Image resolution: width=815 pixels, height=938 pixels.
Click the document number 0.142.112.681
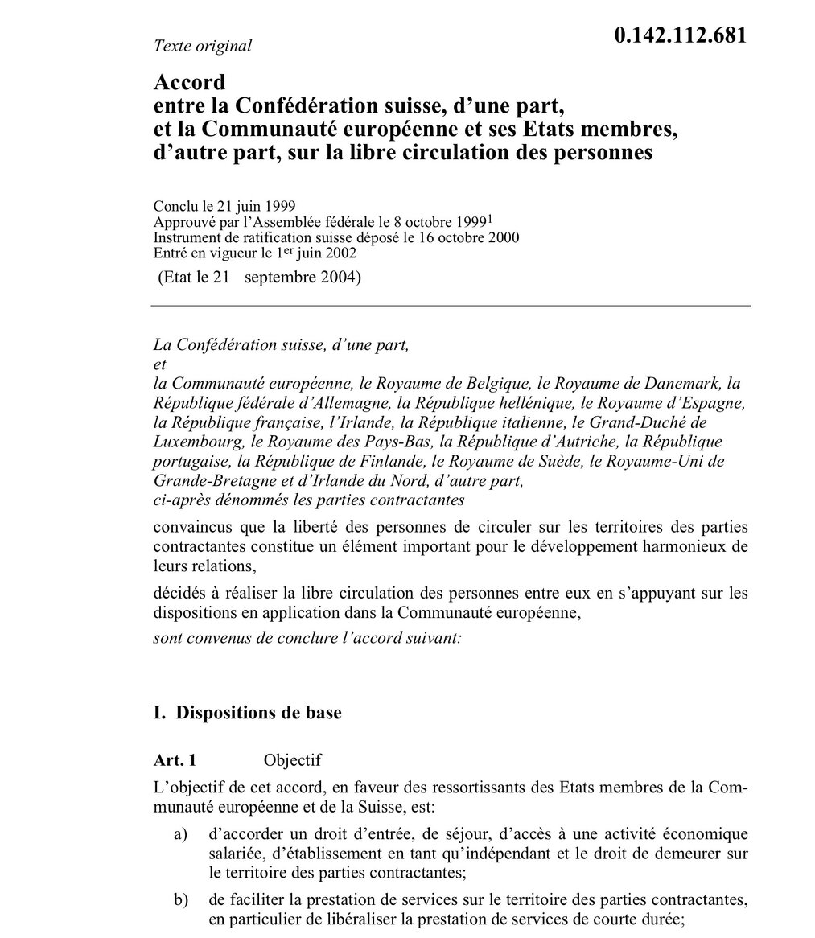tap(681, 36)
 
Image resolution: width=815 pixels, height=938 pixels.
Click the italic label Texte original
tap(202, 46)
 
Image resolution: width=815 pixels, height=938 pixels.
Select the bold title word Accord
tap(189, 82)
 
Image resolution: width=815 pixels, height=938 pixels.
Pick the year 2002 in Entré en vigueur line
tap(339, 252)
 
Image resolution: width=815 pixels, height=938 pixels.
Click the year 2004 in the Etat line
tap(344, 279)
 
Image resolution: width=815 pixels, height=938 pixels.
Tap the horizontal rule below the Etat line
tap(451, 306)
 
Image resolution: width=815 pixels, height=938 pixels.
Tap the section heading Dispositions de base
tap(258, 713)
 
